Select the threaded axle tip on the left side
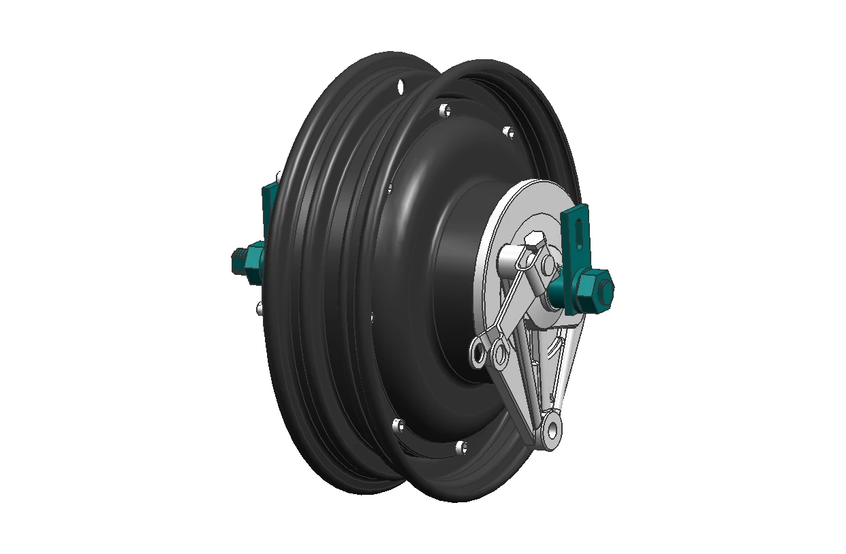point(237,260)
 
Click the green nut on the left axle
point(253,261)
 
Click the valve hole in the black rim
point(400,86)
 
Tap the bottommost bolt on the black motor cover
point(461,447)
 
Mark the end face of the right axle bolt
point(606,290)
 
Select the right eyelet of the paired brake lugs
point(501,353)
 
